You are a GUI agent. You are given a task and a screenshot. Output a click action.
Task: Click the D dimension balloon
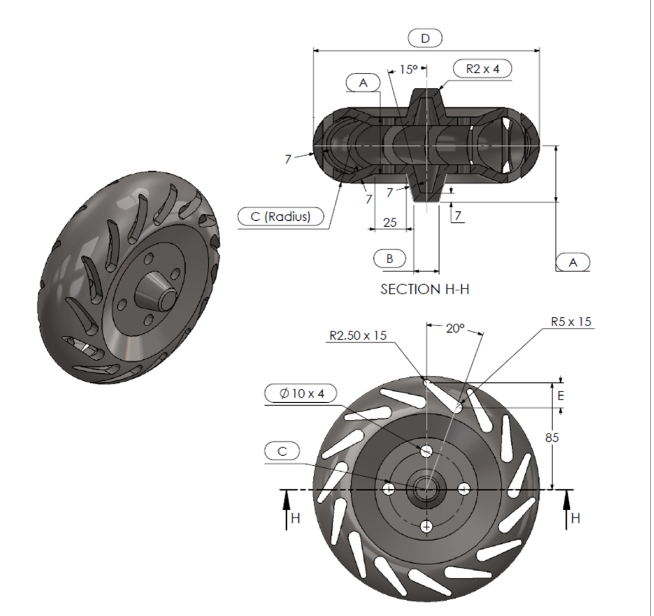pos(425,38)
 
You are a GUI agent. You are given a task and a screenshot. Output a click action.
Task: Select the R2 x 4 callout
pos(482,69)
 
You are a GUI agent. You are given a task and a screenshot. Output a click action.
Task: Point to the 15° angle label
pos(408,70)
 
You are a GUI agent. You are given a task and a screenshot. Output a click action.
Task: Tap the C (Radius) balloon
pos(280,216)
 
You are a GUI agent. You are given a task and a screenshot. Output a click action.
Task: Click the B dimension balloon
pos(390,258)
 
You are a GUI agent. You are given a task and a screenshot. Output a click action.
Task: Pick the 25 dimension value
pos(389,223)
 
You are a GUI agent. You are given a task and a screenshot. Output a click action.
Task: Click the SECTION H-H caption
pos(425,289)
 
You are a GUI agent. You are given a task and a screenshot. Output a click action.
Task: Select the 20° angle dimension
pos(454,329)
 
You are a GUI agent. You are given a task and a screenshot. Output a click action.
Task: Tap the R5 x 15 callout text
pos(572,321)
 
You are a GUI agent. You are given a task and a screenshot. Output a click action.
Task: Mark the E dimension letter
pos(561,396)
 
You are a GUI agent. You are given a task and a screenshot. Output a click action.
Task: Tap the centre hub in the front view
pos(426,489)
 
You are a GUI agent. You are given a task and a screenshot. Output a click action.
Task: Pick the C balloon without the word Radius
pos(282,451)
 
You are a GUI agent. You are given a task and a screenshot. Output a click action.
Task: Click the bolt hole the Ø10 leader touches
pos(426,451)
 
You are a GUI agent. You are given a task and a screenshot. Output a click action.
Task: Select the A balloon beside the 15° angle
pos(363,82)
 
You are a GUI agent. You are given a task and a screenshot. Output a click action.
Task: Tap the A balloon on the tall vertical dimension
pos(573,262)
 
